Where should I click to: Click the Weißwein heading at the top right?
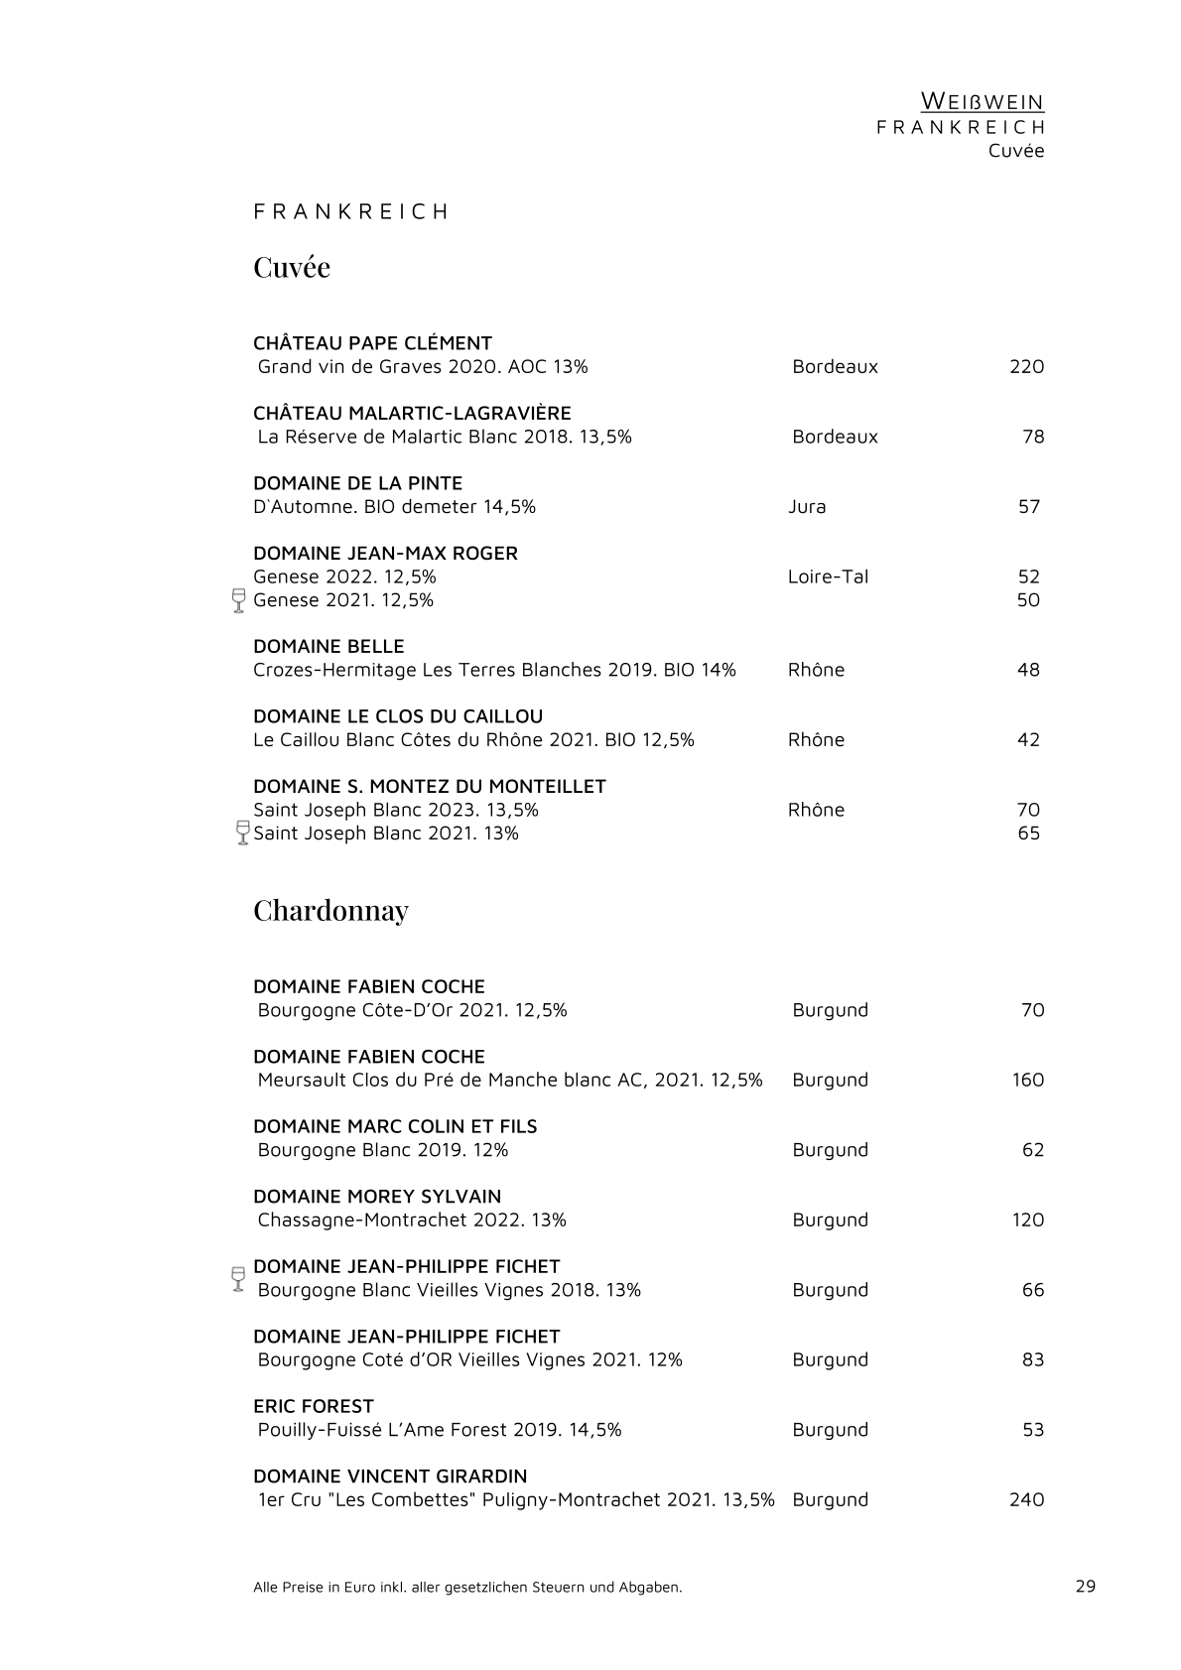pos(982,101)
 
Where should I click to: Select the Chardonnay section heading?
pos(330,910)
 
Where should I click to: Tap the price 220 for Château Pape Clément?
pos(1026,366)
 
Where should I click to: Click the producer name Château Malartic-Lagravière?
pos(412,413)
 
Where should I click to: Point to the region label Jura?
pos(807,506)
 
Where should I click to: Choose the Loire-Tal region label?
pos(828,577)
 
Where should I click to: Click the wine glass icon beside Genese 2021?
pos(238,600)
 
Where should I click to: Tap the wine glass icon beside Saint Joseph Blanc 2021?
pos(242,832)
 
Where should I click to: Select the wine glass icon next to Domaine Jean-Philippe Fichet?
pos(237,1278)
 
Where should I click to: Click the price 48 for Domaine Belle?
pos(1028,670)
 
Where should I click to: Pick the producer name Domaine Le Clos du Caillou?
pos(398,716)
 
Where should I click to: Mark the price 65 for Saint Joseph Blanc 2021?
pos(1028,833)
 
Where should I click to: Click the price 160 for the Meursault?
pos(1028,1080)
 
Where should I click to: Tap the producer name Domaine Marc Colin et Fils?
pos(395,1126)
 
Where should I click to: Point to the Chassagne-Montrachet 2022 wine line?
pos(412,1220)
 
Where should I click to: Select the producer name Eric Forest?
pos(314,1406)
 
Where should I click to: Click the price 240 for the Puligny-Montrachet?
pos(1026,1499)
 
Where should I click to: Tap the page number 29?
pos(1085,1586)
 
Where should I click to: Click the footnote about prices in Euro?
pos(467,1587)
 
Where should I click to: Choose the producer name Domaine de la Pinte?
pos(357,483)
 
